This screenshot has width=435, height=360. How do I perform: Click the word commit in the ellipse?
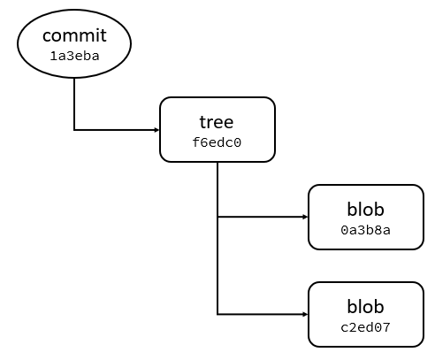tap(74, 36)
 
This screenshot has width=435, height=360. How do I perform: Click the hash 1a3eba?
tap(74, 55)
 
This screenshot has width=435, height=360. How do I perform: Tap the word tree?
tap(217, 122)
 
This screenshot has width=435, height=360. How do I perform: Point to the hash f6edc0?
tap(217, 141)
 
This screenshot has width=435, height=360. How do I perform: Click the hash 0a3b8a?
tap(366, 229)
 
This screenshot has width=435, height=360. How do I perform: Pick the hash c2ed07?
tap(366, 327)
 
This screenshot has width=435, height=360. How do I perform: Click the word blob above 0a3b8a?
tap(366, 211)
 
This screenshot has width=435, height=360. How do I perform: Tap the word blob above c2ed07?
tap(366, 308)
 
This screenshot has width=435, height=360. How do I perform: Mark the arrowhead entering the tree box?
tap(156, 130)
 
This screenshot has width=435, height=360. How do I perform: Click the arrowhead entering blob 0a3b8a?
tap(305, 217)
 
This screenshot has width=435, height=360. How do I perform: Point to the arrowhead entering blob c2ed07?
tap(305, 314)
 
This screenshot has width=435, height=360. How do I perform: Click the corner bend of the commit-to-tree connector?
tap(74, 130)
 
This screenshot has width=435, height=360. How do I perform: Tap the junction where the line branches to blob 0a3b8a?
tap(217, 217)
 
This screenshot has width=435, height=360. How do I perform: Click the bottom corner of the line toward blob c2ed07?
tap(217, 314)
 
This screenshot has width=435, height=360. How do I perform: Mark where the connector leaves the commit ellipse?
tap(74, 78)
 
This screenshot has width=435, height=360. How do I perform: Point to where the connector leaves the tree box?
tap(217, 163)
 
